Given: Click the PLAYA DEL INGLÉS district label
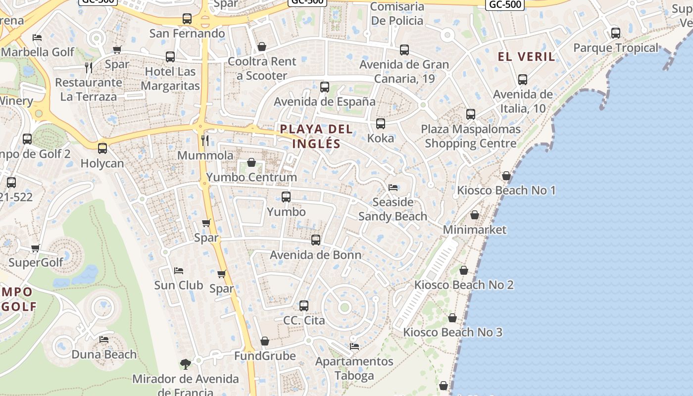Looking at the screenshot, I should (316, 136).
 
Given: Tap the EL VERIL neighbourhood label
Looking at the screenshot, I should (526, 56).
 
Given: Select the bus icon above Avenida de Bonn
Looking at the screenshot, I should (316, 240).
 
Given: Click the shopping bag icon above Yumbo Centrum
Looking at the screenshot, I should (251, 162).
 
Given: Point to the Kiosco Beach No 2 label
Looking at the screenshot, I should (464, 285).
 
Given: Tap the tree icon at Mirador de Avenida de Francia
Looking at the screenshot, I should (186, 364).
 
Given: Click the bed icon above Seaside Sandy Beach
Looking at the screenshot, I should (393, 188).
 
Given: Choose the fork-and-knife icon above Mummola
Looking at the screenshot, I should (205, 140).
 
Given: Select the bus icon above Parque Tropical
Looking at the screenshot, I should (616, 33).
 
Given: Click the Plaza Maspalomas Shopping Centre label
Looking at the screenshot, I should (471, 136).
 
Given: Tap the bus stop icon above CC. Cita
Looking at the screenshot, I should (304, 306).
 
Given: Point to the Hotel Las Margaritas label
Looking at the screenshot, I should (170, 78).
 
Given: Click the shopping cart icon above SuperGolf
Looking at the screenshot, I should (35, 248).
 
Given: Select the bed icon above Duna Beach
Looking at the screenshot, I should (104, 340).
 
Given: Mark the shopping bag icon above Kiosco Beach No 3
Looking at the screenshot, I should (452, 318).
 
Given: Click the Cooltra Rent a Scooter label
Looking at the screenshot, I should (262, 68).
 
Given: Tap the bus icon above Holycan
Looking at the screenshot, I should (102, 148).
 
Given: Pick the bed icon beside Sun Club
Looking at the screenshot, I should (179, 271).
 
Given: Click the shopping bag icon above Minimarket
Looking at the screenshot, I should (475, 215).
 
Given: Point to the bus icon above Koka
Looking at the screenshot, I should (381, 124).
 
